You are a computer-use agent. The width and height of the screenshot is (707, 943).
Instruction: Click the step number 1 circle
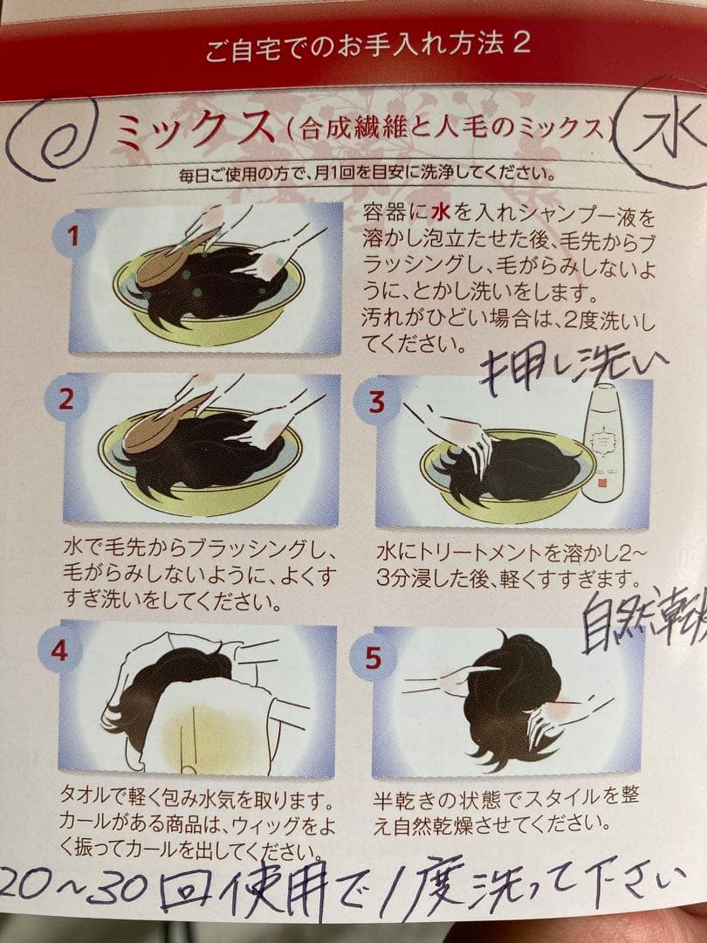tap(74, 236)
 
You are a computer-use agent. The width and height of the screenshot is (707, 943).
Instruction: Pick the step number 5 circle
tap(373, 657)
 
